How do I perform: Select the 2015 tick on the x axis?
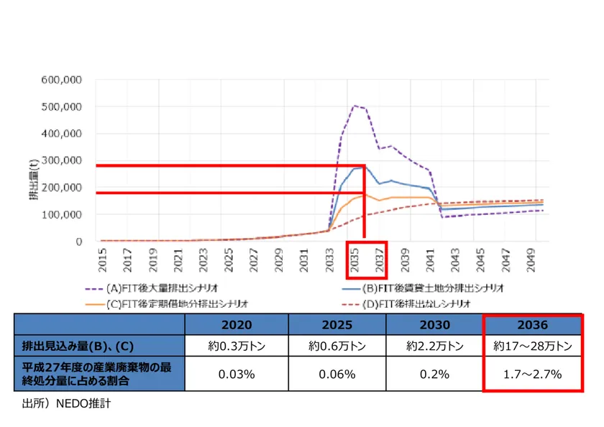click(x=102, y=260)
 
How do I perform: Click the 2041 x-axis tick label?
click(x=431, y=260)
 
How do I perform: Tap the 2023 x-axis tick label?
click(x=203, y=260)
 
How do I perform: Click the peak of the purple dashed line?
click(x=354, y=106)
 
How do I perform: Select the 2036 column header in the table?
click(x=532, y=324)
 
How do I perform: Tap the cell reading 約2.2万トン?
click(x=436, y=346)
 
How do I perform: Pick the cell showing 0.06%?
click(x=337, y=374)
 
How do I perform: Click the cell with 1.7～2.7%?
click(x=532, y=374)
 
